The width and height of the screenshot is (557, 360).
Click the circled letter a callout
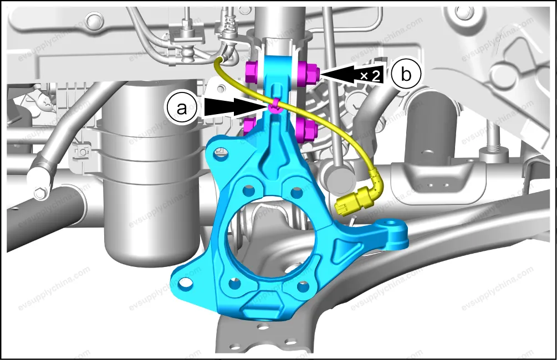point(182,108)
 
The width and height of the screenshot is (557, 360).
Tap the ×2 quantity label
point(370,76)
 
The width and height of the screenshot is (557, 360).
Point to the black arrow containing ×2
point(352,74)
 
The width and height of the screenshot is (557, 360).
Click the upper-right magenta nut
point(307,73)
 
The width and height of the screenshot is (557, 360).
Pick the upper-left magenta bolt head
point(252,71)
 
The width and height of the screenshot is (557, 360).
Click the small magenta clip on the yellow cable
point(274,106)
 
